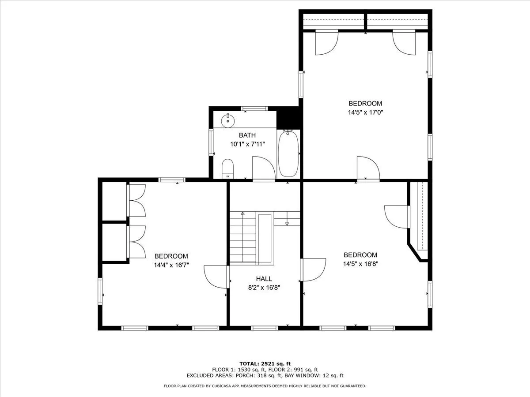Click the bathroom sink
coord(228,121)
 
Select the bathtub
coord(288,154)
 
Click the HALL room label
coord(264,279)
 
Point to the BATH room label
coord(247,135)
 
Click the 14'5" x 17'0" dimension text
coord(365,112)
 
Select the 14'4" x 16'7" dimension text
coord(171,265)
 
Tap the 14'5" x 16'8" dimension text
coord(360,264)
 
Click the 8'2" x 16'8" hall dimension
coord(264,288)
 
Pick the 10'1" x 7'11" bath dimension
coord(247,144)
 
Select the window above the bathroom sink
coord(254,109)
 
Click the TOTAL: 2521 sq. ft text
coord(265,363)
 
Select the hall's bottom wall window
coord(265,328)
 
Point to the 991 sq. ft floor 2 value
coord(306,370)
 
